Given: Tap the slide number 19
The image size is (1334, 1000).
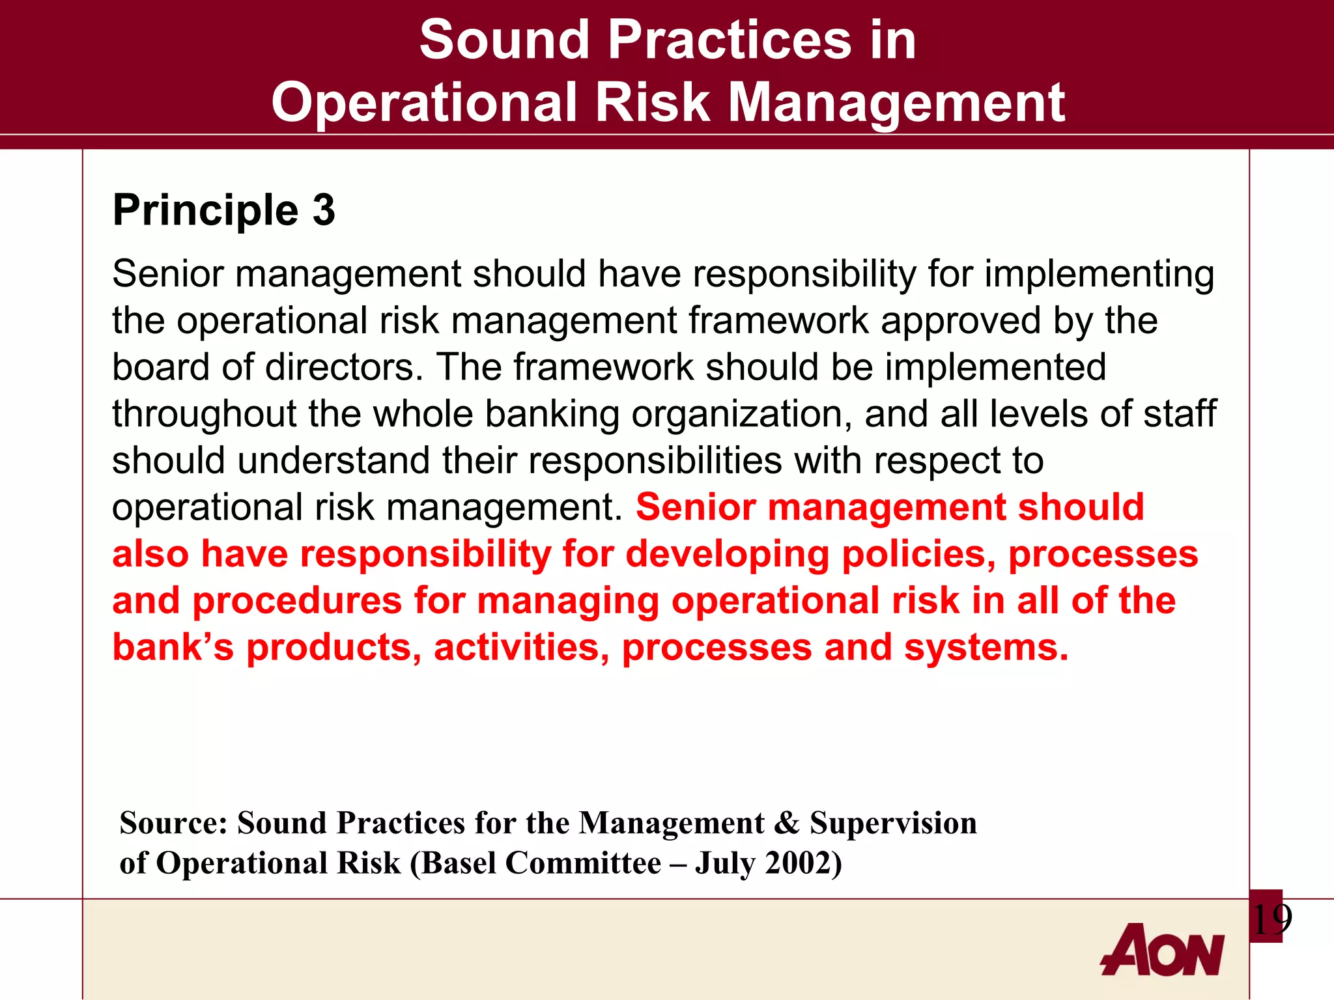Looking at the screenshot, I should [x=1271, y=919].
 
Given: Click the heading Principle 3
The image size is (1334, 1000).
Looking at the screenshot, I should [x=223, y=210].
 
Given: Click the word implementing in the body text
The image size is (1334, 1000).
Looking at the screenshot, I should [x=1099, y=273].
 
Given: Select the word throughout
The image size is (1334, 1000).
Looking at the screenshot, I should [x=204, y=414].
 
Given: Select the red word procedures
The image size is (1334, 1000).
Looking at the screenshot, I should [x=297, y=601].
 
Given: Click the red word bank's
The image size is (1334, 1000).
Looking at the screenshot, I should [x=173, y=648].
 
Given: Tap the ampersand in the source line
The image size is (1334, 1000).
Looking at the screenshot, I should [x=787, y=823].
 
